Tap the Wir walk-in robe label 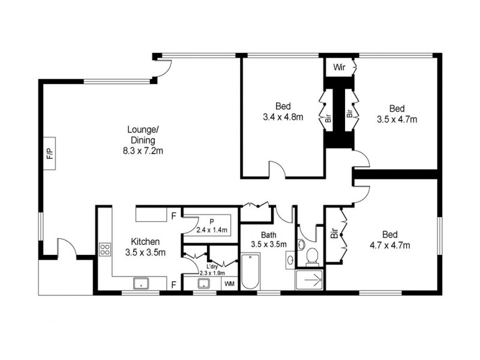coord(340,66)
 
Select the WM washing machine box coord(229,283)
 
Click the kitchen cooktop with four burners coord(104,249)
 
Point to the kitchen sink coord(141,283)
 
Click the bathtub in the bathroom coord(250,273)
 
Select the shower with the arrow coord(310,280)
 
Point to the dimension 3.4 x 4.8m coord(283,117)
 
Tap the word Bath coord(268,235)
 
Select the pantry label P coord(212,221)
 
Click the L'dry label coord(211,266)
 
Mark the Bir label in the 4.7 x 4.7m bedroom coord(334,233)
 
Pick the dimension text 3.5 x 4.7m coord(397,119)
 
